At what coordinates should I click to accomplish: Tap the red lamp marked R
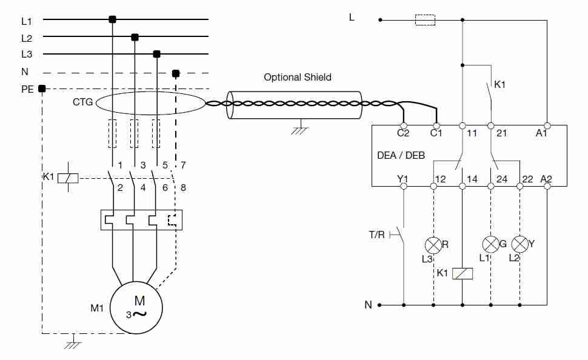[x=433, y=245]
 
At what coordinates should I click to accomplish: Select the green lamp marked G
[x=490, y=244]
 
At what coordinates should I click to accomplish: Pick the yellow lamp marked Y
[x=520, y=244]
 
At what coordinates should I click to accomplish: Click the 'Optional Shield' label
[x=298, y=77]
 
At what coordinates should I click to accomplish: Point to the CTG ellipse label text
[x=83, y=102]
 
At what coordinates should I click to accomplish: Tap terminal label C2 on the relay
[x=403, y=133]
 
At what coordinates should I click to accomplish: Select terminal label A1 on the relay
[x=541, y=133]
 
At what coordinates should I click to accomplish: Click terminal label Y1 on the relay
[x=403, y=178]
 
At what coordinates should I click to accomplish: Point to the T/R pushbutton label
[x=377, y=235]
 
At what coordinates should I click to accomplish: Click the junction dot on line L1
[x=112, y=19]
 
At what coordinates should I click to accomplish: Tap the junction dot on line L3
[x=156, y=54]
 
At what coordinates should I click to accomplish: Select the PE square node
[x=42, y=88]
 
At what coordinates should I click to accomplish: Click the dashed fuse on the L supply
[x=424, y=20]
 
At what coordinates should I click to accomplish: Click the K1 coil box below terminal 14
[x=463, y=273]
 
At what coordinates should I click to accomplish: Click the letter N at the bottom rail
[x=368, y=305]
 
